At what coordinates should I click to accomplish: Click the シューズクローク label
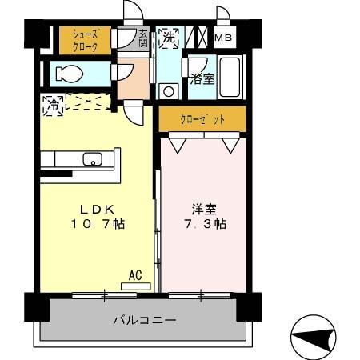pos(85,41)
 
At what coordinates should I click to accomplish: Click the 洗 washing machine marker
pos(169,37)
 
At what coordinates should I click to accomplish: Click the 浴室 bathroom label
pos(202,79)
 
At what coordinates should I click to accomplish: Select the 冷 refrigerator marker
pos(54,104)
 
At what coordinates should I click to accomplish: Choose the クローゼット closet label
pos(202,119)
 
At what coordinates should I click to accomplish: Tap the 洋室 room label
pos(202,209)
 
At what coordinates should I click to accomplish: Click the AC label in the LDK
pos(135,274)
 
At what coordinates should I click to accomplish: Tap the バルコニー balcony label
pos(144,320)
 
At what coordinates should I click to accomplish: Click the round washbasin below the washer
pos(169,90)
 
